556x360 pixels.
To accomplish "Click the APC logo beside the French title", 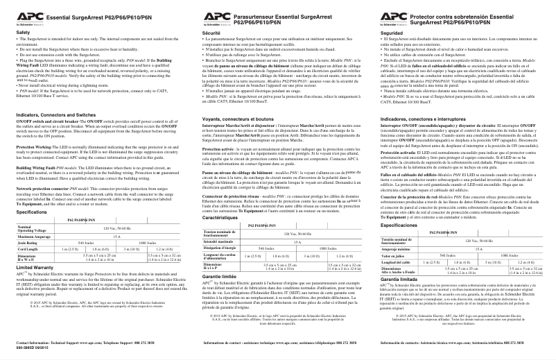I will pos(215,15).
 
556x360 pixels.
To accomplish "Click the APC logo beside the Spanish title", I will pos(397,15).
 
